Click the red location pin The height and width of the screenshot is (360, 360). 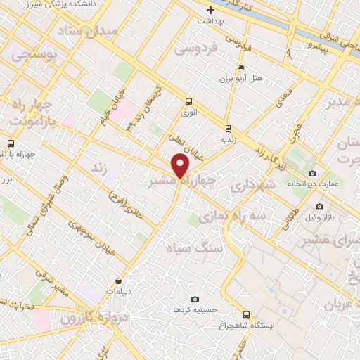tap(181, 165)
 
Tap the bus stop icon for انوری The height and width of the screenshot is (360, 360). tap(188, 101)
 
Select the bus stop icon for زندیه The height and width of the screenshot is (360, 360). tap(227, 128)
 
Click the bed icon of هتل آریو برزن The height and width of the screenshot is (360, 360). tap(241, 67)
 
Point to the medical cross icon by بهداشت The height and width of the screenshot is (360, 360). tap(210, 10)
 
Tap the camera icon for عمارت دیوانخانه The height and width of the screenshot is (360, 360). tap(312, 173)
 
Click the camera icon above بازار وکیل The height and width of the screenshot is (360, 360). tap(319, 206)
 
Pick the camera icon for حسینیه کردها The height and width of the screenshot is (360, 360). tap(195, 300)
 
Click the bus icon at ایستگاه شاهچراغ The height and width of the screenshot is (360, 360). tap(246, 314)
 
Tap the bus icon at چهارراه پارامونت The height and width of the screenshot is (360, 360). tap(10, 143)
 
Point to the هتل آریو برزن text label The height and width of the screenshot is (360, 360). tap(241, 77)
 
